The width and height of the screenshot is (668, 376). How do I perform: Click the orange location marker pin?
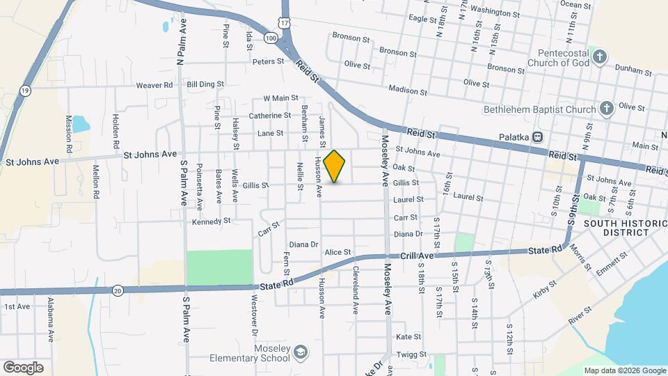pyautogui.click(x=335, y=166)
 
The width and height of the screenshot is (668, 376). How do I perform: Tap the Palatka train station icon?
pyautogui.click(x=537, y=137)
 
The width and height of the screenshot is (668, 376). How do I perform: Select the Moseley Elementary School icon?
pyautogui.click(x=300, y=350)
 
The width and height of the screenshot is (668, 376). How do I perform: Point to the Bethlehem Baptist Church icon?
pyautogui.click(x=606, y=109)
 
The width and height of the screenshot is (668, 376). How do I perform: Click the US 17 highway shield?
pyautogui.click(x=284, y=23)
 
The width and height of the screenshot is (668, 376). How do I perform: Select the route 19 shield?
pyautogui.click(x=25, y=91)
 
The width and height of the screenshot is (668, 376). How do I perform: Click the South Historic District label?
pyautogui.click(x=620, y=228)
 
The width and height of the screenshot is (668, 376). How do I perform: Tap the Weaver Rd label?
pyautogui.click(x=154, y=85)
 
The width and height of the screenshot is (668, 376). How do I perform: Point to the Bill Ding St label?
pyautogui.click(x=205, y=84)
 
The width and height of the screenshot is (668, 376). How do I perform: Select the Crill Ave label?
pyautogui.click(x=417, y=256)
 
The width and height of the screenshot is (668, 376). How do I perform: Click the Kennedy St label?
pyautogui.click(x=212, y=221)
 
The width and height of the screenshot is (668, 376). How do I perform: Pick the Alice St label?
pyautogui.click(x=337, y=252)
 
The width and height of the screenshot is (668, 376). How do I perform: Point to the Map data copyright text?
pyautogui.click(x=624, y=370)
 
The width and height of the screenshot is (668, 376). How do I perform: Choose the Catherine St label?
pyautogui.click(x=270, y=116)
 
